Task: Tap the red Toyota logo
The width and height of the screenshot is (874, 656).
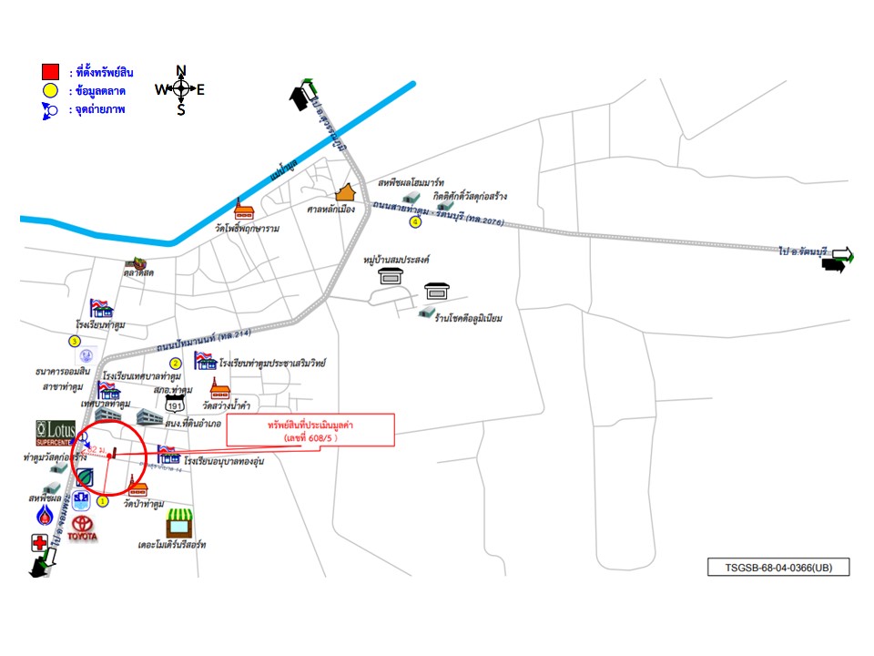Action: tap(83, 528)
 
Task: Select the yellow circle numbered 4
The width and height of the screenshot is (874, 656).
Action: tap(415, 221)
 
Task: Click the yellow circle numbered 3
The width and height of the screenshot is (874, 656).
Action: tap(75, 342)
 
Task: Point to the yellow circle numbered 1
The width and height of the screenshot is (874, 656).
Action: tap(103, 500)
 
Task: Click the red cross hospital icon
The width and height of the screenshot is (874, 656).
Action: tap(39, 543)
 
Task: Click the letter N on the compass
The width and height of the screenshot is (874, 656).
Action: tap(180, 70)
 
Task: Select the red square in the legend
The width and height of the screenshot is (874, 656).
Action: tap(50, 71)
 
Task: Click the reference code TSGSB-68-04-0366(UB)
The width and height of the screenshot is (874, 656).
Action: tap(778, 567)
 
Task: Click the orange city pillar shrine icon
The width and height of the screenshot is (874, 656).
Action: tap(345, 192)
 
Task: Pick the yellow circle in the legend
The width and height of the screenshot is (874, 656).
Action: tap(50, 90)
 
